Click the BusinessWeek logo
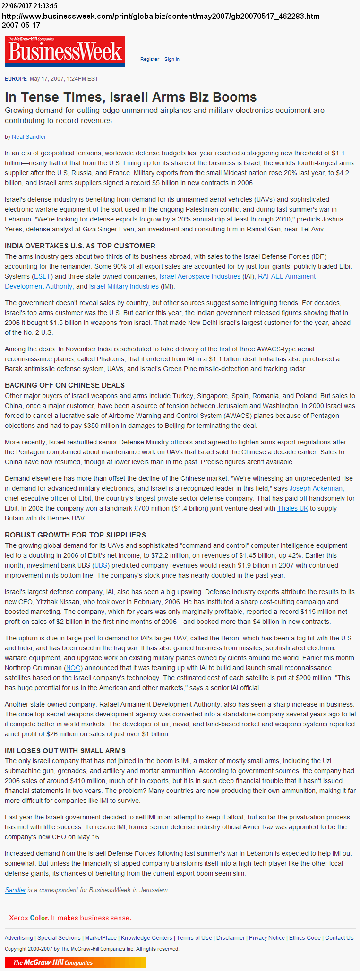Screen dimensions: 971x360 coord(65,51)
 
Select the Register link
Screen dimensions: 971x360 coord(150,60)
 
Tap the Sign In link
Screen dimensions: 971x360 coord(172,60)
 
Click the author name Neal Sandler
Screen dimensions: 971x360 coord(29,137)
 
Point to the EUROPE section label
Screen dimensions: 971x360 coord(16,79)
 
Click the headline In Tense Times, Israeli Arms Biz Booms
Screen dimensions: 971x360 coord(131,97)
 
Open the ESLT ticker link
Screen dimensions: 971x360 coord(43,276)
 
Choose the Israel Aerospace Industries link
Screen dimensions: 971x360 coord(200,276)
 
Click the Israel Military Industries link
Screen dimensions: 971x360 coord(124,286)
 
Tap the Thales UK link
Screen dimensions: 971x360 coord(292,508)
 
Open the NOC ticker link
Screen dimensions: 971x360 coord(73,668)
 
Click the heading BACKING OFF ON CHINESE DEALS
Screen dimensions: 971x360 coord(65,385)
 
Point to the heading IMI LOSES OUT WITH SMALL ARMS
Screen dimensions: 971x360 coord(65,751)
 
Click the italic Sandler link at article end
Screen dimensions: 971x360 coord(15,890)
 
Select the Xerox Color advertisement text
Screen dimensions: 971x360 coord(70,918)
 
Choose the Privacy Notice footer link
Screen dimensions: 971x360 coord(267,938)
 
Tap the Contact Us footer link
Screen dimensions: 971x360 coord(339,938)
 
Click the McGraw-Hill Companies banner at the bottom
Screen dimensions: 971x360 coord(76,962)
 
